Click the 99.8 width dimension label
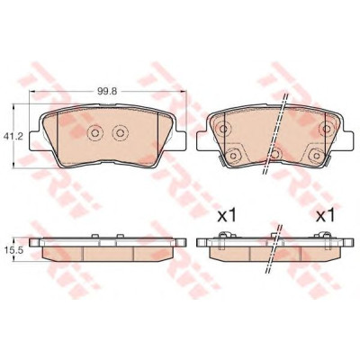[107, 92]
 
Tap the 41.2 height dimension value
[9, 137]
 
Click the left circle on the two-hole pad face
[94, 132]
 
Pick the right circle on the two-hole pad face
[120, 132]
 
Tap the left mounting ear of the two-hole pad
[35, 140]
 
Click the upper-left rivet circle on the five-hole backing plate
[222, 129]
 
